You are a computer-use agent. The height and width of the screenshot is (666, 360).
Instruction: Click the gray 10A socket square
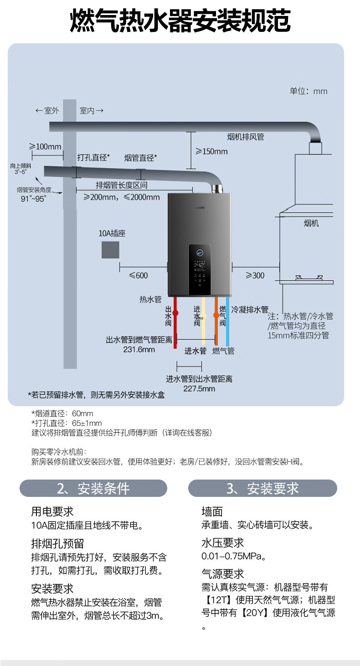pyautogui.click(x=110, y=250)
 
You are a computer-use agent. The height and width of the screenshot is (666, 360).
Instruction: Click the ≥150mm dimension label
pyautogui.click(x=211, y=151)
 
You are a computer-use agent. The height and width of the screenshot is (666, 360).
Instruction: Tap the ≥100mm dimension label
pyautogui.click(x=45, y=147)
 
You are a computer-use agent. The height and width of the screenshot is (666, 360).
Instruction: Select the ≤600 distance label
pyautogui.click(x=139, y=275)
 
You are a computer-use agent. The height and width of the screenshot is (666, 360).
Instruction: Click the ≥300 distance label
pyautogui.click(x=255, y=275)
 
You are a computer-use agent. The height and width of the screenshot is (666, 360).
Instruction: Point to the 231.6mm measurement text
pyautogui.click(x=139, y=350)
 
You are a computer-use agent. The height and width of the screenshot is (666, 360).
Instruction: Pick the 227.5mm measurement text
pyautogui.click(x=199, y=389)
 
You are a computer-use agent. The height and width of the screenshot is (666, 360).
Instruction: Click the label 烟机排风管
pyautogui.click(x=246, y=137)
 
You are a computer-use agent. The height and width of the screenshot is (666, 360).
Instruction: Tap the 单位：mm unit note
pyautogui.click(x=309, y=91)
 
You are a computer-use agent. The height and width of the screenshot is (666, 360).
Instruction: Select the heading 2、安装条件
pyautogui.click(x=93, y=489)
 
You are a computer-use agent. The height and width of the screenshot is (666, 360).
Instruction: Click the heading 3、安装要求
pyautogui.click(x=262, y=489)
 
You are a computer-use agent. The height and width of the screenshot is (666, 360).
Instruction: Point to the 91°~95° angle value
pyautogui.click(x=34, y=199)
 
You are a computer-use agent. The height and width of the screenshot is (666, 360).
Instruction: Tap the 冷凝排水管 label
pyautogui.click(x=250, y=310)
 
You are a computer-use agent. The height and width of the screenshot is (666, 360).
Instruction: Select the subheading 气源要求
pyautogui.click(x=223, y=573)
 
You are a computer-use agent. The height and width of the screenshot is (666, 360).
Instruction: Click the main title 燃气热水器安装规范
pyautogui.click(x=180, y=21)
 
